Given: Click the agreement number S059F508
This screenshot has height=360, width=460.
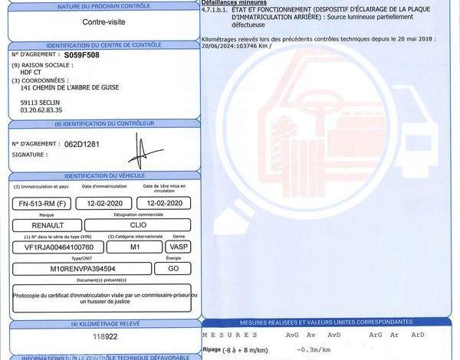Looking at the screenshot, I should click(83, 56).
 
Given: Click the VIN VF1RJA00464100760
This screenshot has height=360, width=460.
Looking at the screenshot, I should click(58, 247).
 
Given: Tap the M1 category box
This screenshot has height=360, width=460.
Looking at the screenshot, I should click(135, 247).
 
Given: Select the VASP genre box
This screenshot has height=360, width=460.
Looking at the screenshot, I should click(179, 247).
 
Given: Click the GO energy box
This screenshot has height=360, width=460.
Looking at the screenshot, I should click(173, 269).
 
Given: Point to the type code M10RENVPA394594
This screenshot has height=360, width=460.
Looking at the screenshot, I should click(83, 269).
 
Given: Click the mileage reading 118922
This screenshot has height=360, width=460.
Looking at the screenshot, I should click(105, 336).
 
